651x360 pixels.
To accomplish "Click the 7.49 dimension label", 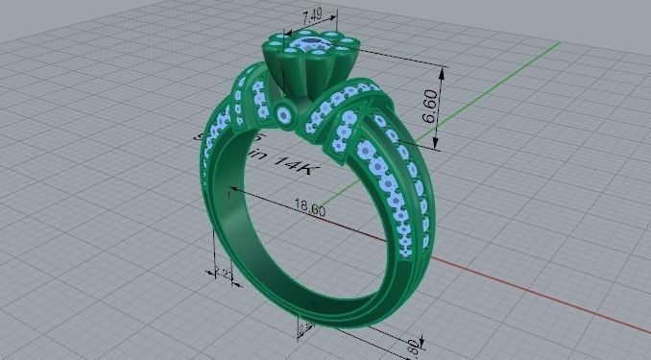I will [311, 15].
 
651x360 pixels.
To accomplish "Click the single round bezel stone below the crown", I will [285, 114].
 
